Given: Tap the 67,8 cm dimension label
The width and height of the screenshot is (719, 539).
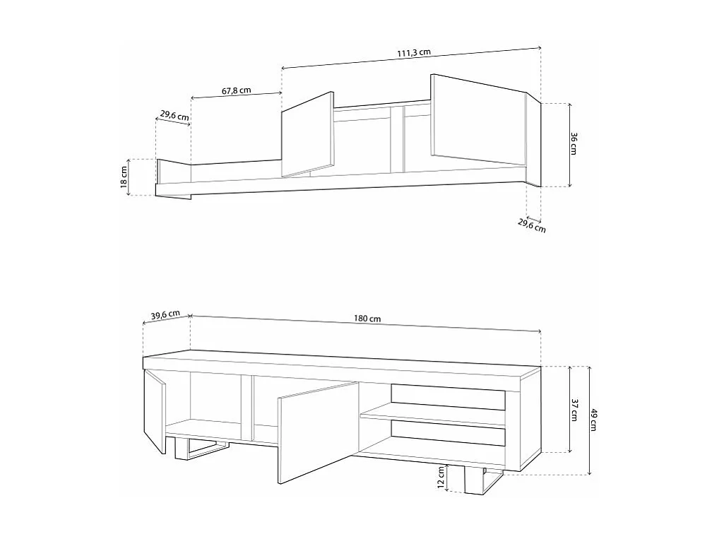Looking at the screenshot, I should (237, 91).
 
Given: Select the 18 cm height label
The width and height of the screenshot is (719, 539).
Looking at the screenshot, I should (124, 176).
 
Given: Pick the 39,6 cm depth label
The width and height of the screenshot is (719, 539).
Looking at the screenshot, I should (165, 315).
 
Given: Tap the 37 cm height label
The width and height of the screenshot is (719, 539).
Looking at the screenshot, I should (574, 409).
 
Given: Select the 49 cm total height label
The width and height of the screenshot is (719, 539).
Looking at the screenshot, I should (593, 421).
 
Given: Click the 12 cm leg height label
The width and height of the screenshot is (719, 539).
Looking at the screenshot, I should (441, 478).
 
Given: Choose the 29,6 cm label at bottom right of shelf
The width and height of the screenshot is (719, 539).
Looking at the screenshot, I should (531, 226).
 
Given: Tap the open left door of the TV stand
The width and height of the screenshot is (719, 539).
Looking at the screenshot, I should (153, 413).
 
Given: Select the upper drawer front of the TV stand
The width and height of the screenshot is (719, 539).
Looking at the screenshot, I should (448, 397).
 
